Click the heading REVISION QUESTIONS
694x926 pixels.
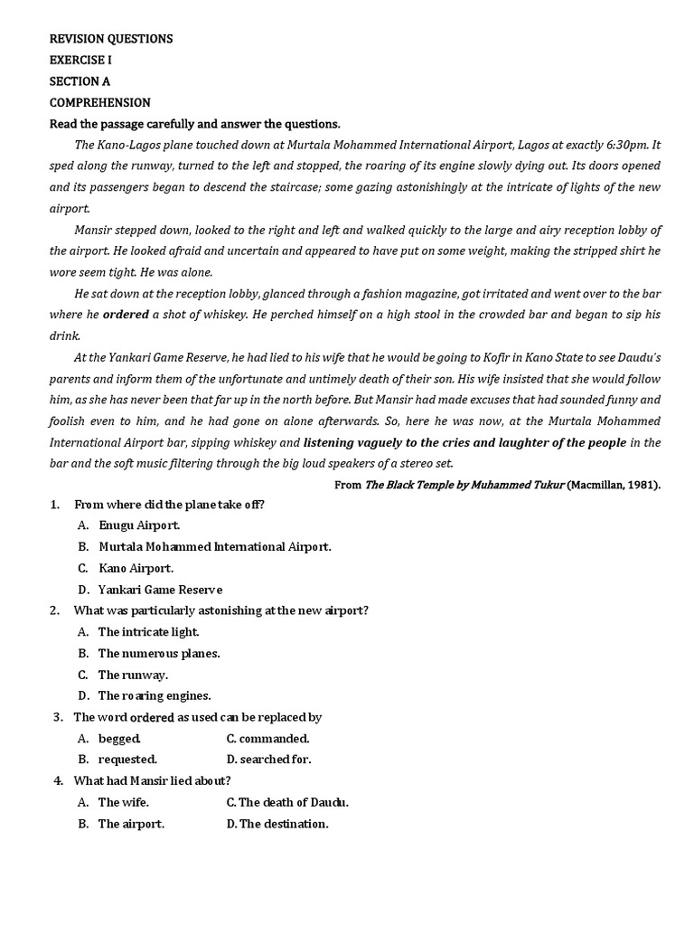(111, 39)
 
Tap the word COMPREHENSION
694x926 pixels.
(99, 102)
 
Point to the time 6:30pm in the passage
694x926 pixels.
(625, 145)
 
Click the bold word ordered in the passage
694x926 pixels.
(126, 315)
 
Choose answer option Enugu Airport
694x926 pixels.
(139, 525)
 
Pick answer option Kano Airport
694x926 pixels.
(136, 568)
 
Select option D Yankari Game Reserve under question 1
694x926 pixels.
(160, 590)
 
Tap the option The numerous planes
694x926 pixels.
(159, 653)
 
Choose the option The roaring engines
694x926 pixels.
(155, 695)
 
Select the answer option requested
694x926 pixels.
(127, 760)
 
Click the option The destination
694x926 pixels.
(283, 824)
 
